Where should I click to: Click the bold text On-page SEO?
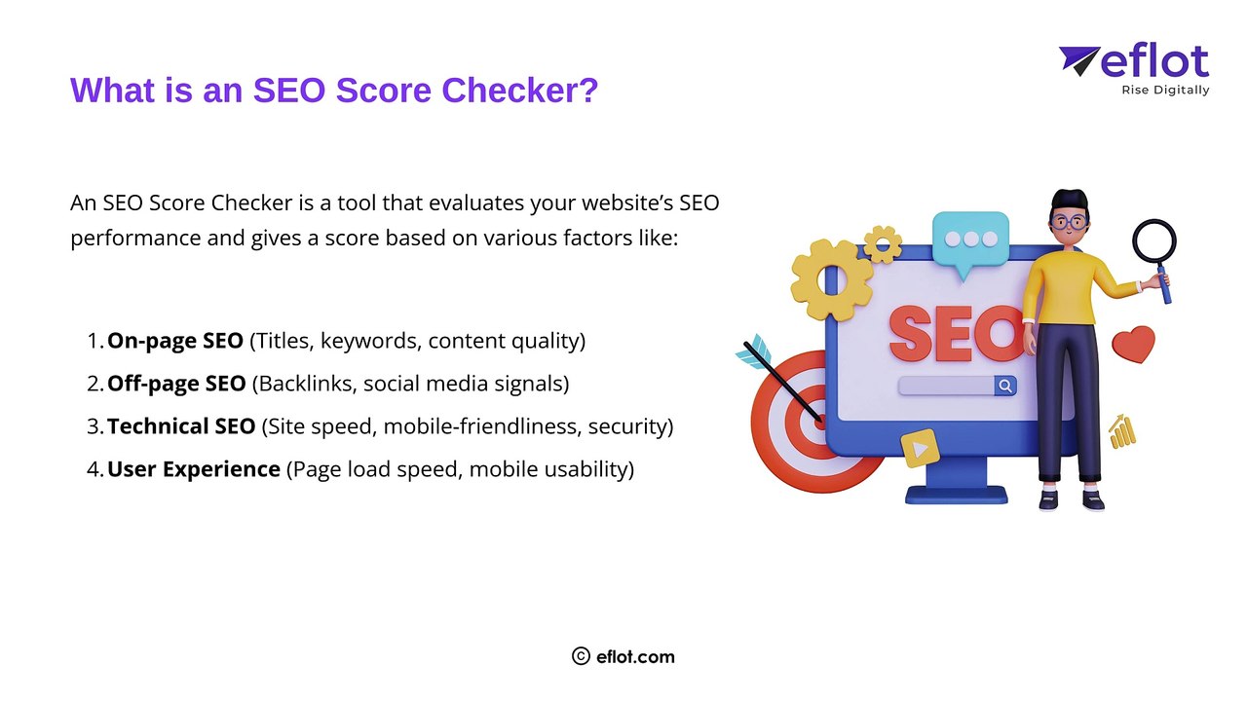point(175,341)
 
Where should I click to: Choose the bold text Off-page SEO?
point(176,384)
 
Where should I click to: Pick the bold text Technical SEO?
point(181,426)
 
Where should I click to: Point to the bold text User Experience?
point(194,469)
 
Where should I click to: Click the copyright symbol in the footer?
point(582,656)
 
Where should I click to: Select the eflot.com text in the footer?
point(635,656)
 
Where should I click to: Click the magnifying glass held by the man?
point(1154,243)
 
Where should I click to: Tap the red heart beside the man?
point(1133,344)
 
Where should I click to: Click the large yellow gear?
point(831,279)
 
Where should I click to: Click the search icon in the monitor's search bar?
point(1004,387)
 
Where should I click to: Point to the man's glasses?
point(1072,222)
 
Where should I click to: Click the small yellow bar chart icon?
point(1122,430)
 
